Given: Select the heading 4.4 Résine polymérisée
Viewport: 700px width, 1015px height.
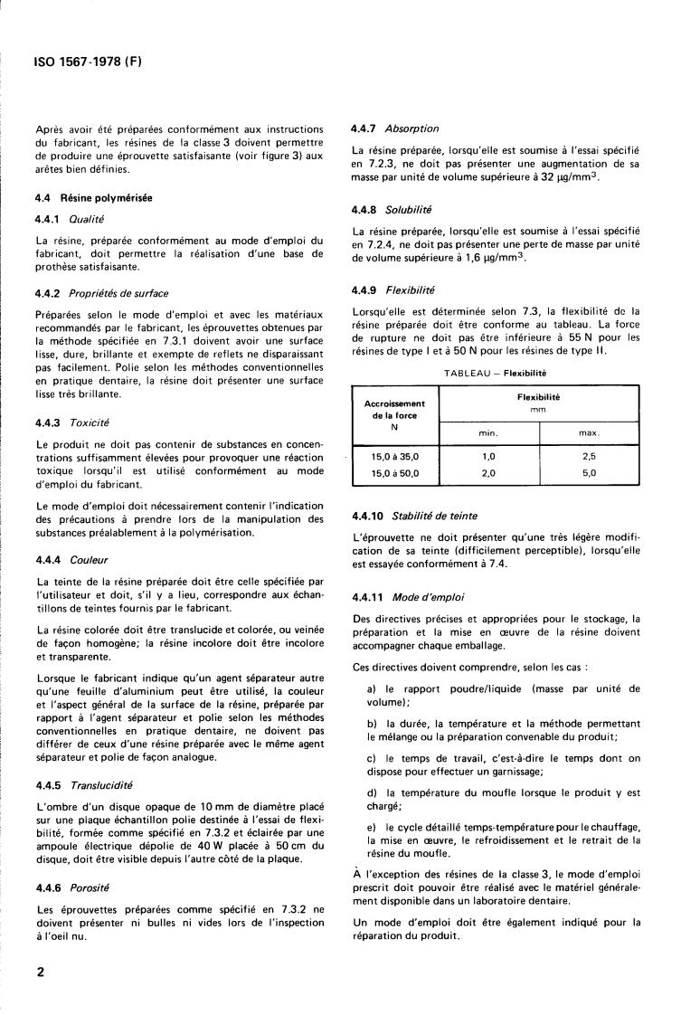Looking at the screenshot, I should coord(94,197).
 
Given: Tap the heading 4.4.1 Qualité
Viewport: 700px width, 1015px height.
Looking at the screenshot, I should coord(71,219).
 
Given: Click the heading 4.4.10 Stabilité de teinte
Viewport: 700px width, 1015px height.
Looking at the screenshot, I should coord(415,516).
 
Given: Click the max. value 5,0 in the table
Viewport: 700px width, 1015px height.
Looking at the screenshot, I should coord(589,472).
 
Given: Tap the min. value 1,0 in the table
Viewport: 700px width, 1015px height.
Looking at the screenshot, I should coord(488,457).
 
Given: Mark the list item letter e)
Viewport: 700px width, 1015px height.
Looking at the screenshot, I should coord(373,827).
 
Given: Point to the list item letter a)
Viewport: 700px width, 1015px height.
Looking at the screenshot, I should coord(373,688).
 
